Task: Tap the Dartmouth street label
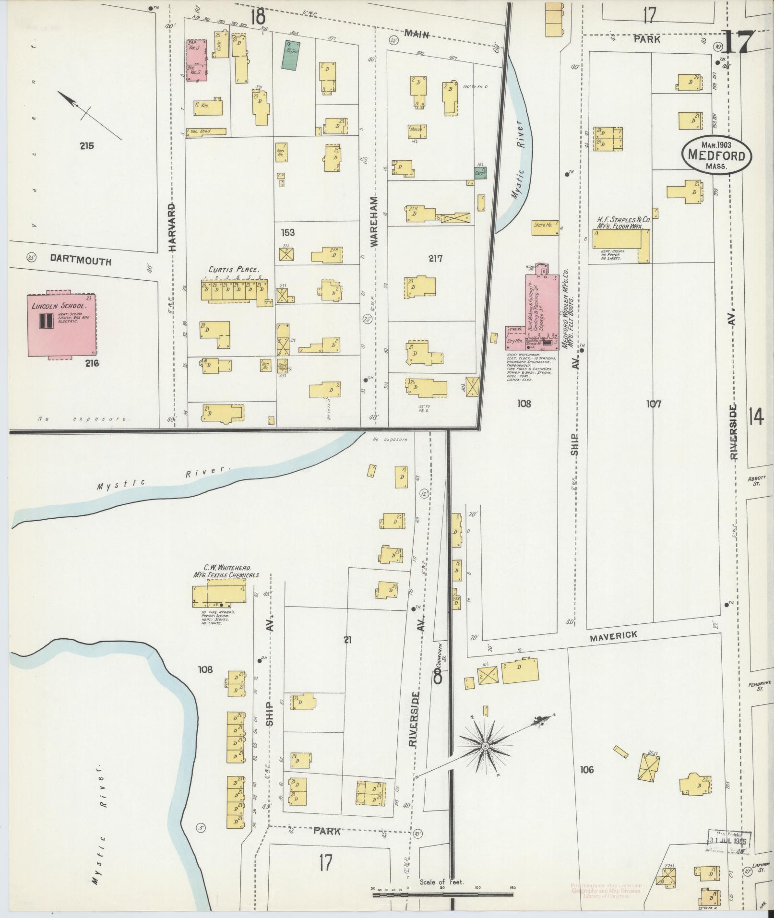[x=81, y=261]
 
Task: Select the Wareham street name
[x=374, y=221]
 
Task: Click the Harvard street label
[x=172, y=227]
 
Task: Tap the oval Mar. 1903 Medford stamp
[x=716, y=155]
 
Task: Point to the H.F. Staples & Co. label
[x=622, y=220]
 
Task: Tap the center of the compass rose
[x=485, y=760]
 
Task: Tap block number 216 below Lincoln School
[x=92, y=363]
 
